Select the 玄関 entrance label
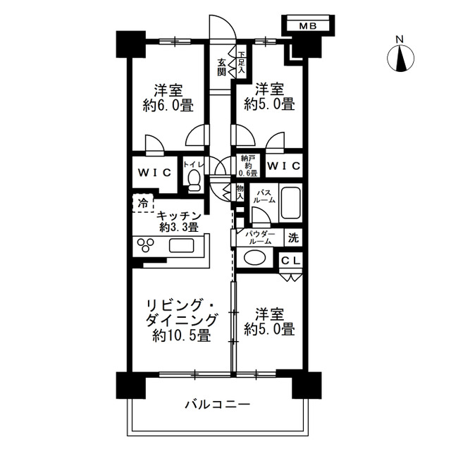tap(221, 67)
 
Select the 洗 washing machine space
tap(293, 237)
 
